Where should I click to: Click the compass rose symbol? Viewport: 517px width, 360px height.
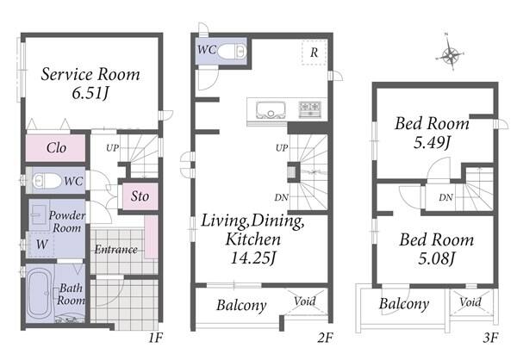[x=450, y=54]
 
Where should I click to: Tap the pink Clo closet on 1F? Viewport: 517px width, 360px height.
[x=55, y=148]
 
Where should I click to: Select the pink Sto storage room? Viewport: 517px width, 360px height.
[x=140, y=196]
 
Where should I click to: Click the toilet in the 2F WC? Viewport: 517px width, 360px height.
[x=233, y=52]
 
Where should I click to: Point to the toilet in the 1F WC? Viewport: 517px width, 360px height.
[x=47, y=181]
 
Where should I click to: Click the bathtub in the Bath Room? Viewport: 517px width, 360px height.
[x=40, y=294]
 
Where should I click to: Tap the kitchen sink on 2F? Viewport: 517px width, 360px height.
[x=271, y=109]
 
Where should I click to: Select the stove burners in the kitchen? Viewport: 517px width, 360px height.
[x=310, y=109]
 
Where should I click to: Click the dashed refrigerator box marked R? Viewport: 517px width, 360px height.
[x=315, y=52]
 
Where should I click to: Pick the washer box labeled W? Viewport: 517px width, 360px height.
[x=41, y=245]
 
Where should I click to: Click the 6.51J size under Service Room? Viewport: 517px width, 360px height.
[x=90, y=93]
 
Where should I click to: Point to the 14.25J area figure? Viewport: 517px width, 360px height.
[x=252, y=258]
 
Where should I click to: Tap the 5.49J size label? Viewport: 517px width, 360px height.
[x=432, y=143]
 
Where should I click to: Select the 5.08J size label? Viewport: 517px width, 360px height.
[x=437, y=258]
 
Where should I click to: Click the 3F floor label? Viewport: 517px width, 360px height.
[x=490, y=338]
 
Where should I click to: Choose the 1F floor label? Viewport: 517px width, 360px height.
[x=155, y=338]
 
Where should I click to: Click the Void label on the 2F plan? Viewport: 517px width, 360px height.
[x=305, y=301]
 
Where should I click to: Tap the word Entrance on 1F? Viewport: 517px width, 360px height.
[x=116, y=249]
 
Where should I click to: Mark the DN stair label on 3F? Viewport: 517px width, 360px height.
[x=445, y=197]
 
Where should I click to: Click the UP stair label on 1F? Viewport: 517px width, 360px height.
[x=112, y=148]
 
